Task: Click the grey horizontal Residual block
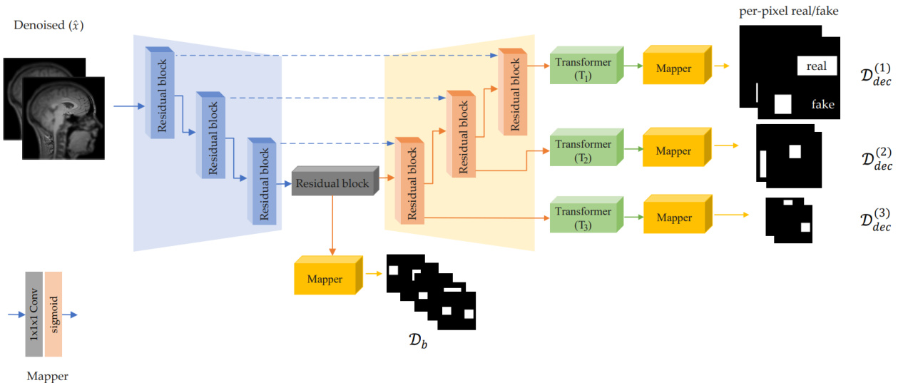coord(332,184)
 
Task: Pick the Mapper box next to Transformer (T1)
coord(674,69)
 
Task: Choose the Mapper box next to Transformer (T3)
coord(674,218)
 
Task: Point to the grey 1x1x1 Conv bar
coord(34,314)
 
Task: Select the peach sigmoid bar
coord(54,314)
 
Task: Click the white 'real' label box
coord(816,66)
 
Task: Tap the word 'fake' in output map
coord(822,104)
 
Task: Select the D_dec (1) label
coord(877,73)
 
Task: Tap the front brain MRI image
coord(63,117)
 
